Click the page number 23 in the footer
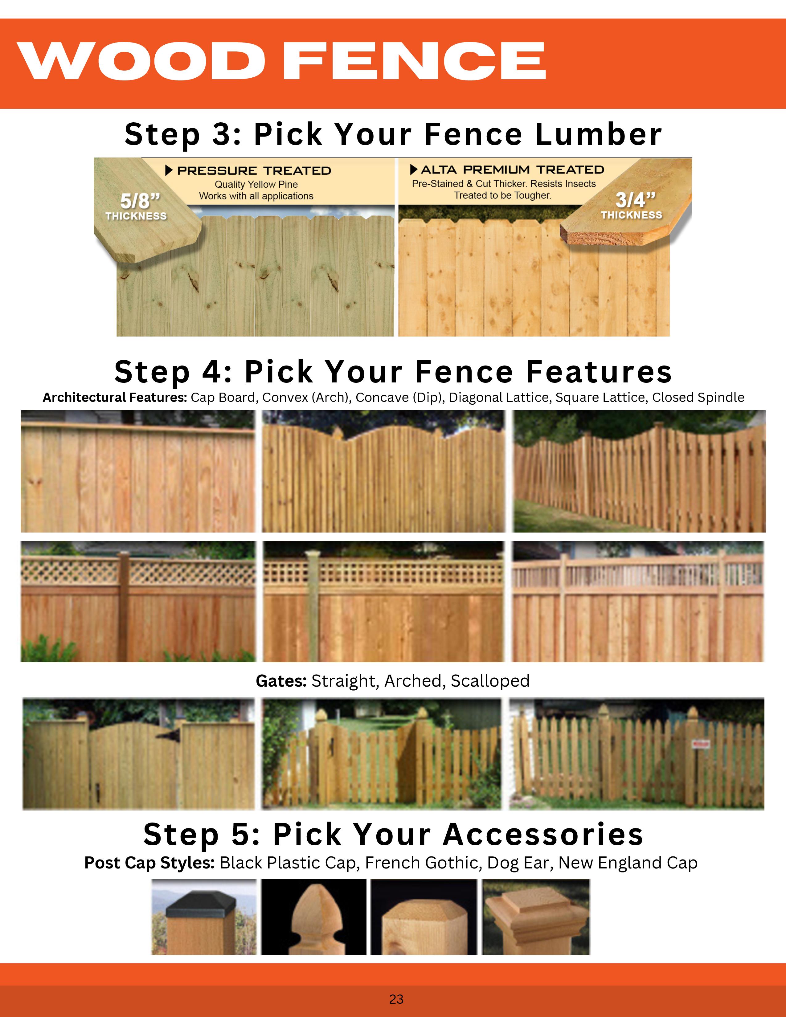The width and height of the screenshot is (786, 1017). (x=396, y=999)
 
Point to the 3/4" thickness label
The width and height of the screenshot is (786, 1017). (x=632, y=205)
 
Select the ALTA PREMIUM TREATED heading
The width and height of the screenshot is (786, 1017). (x=512, y=169)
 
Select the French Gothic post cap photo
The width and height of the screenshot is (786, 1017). (x=314, y=917)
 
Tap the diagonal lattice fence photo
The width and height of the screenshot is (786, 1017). (x=138, y=602)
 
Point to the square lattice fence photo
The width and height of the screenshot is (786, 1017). (x=383, y=602)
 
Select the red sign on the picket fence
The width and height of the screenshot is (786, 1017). (x=700, y=745)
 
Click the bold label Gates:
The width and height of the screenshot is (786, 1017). (x=281, y=681)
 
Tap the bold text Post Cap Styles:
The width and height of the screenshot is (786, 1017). (x=149, y=863)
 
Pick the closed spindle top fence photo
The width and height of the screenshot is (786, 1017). (x=638, y=602)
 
